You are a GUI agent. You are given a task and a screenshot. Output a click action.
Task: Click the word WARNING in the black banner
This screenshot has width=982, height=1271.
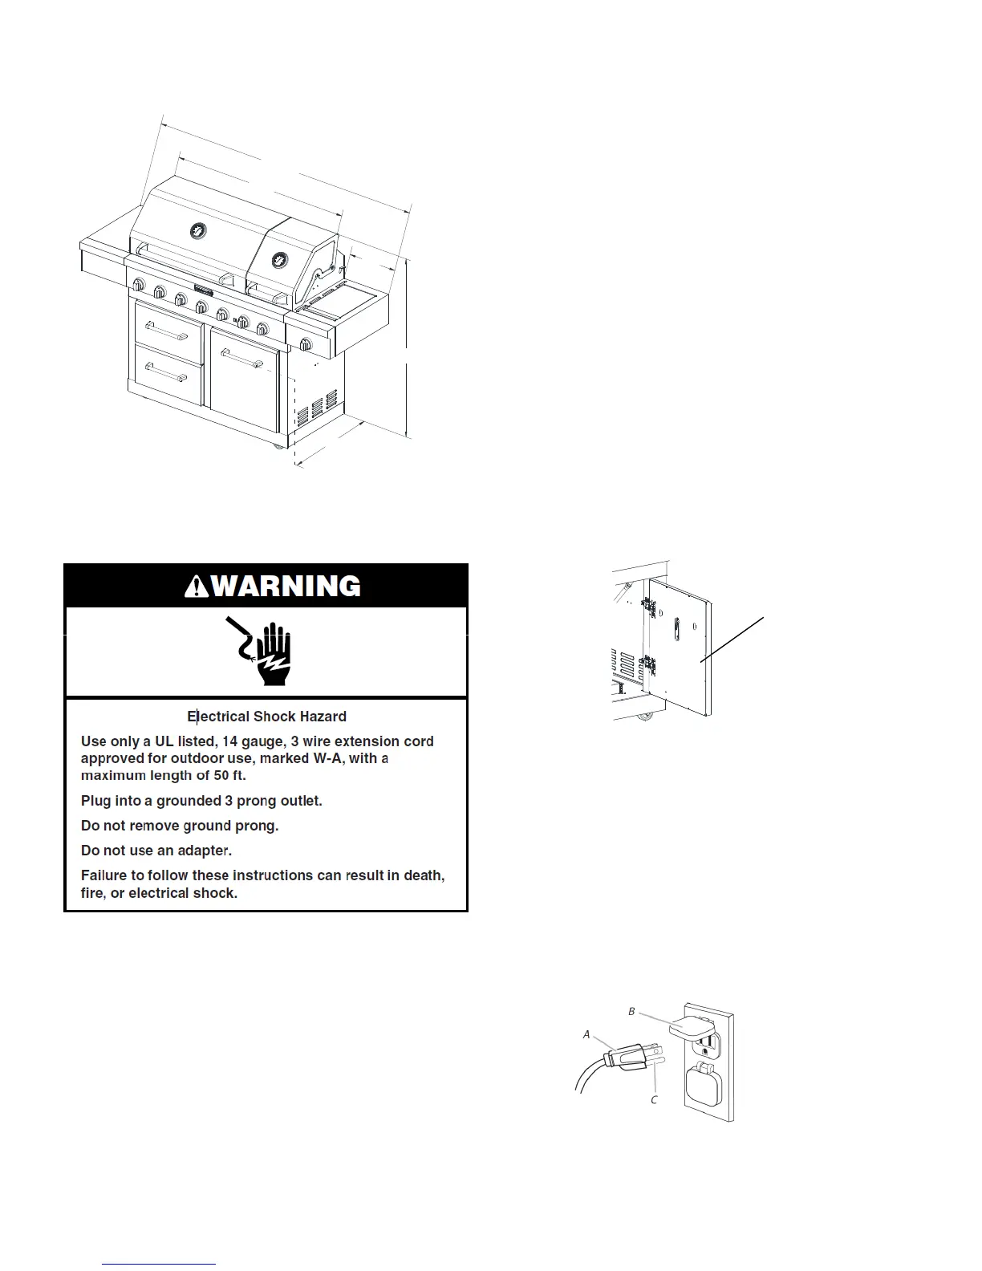(286, 586)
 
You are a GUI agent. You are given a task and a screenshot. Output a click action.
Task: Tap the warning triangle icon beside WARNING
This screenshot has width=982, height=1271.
(197, 587)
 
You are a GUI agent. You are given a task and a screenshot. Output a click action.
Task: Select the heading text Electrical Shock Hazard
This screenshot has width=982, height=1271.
(266, 717)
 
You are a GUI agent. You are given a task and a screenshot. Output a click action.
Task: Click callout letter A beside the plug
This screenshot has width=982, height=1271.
(586, 1034)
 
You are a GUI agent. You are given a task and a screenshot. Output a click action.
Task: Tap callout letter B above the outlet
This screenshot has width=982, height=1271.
(631, 1012)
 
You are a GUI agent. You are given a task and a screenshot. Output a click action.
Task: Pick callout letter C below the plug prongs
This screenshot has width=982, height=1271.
(654, 1099)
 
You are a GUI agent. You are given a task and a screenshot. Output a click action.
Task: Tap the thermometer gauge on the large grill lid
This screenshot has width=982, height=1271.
(197, 231)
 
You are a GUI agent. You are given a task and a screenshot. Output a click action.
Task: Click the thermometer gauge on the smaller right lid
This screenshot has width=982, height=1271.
(280, 260)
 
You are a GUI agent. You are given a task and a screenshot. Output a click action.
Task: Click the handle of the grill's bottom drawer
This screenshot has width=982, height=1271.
(167, 372)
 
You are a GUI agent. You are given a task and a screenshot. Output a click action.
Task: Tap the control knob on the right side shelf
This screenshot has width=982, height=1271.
(306, 345)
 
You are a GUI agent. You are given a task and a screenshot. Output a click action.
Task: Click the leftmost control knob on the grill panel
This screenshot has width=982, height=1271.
(138, 285)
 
